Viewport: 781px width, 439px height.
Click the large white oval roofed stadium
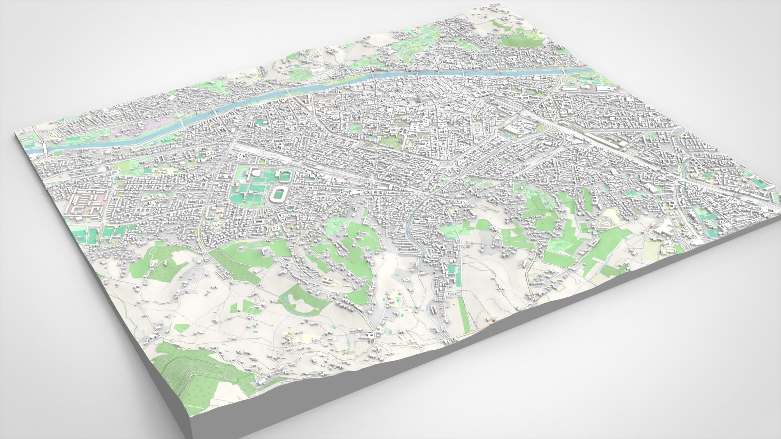point(279,193)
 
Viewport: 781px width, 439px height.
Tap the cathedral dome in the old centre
point(420,96)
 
